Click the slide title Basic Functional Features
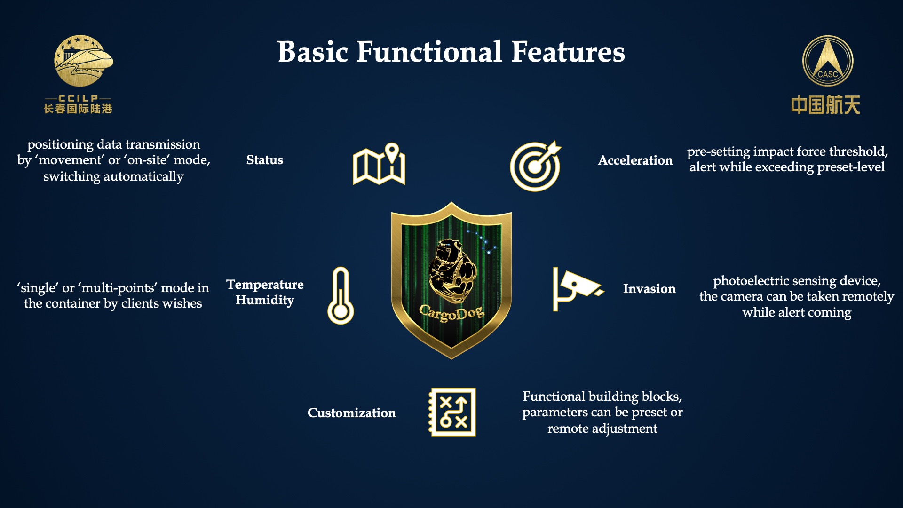click(x=451, y=52)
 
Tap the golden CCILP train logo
click(x=83, y=61)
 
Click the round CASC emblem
click(x=828, y=61)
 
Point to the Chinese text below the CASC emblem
click(x=825, y=105)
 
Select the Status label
click(x=265, y=160)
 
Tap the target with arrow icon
click(x=536, y=166)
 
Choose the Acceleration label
click(x=635, y=160)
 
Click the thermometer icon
click(x=341, y=295)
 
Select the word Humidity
click(x=265, y=300)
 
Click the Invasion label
click(x=649, y=289)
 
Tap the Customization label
click(x=351, y=413)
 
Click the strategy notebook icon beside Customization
click(x=452, y=412)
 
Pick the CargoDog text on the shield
click(x=451, y=312)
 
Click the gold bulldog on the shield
click(x=452, y=271)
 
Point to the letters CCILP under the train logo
click(x=78, y=98)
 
